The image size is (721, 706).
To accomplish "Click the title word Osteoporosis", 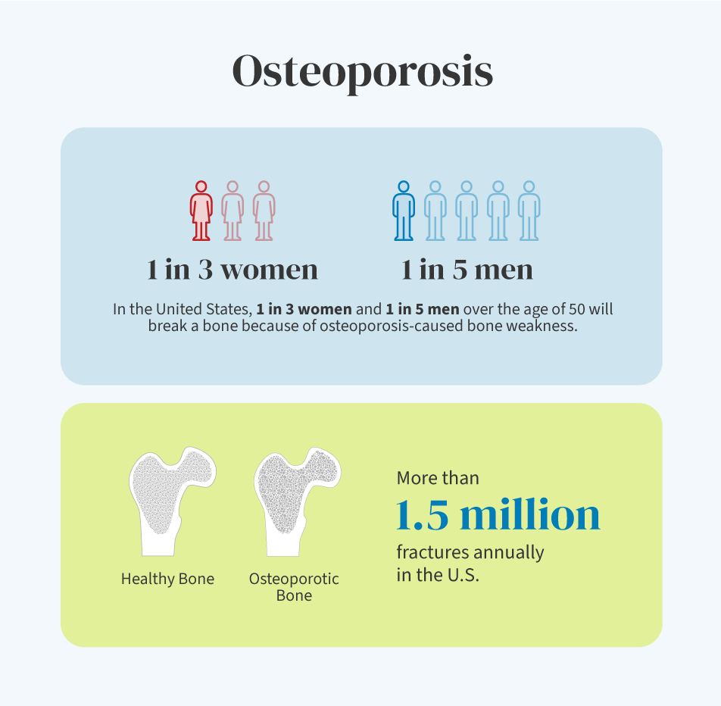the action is (x=362, y=72).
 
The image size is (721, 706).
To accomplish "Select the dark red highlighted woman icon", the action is (x=201, y=211).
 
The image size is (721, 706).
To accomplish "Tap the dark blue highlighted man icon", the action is (x=404, y=211).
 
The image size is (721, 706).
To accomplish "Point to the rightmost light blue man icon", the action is (x=529, y=211).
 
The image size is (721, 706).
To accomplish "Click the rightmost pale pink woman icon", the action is (x=264, y=211).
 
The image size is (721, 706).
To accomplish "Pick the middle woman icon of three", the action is (x=233, y=211).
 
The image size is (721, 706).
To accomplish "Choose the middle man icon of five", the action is (x=467, y=211).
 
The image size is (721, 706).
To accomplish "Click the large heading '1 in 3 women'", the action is (x=233, y=270).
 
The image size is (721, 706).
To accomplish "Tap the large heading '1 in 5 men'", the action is (x=467, y=270).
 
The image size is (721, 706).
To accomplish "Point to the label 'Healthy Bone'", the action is (x=168, y=579).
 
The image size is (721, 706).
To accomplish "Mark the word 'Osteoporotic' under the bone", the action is (x=294, y=579).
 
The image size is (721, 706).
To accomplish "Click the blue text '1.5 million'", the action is (x=498, y=514).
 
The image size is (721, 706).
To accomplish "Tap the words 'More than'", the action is (x=438, y=478).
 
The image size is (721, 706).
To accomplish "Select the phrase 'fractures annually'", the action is (x=470, y=553).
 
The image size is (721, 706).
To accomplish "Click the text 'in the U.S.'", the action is (x=438, y=575).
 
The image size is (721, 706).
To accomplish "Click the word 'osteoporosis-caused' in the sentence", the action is (x=392, y=326).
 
